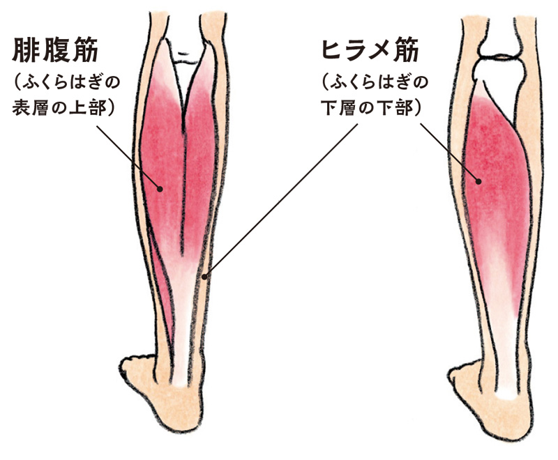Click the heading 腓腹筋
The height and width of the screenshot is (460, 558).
(55, 50)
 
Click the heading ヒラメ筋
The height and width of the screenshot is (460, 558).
(370, 51)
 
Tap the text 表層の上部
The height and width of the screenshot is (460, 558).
(64, 107)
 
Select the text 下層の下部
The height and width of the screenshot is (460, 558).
(372, 107)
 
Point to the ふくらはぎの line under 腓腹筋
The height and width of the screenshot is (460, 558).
(66, 83)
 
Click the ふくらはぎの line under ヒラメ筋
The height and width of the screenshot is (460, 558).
(375, 83)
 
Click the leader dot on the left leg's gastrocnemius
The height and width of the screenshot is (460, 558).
(160, 189)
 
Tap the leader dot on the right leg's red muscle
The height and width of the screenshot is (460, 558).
(478, 181)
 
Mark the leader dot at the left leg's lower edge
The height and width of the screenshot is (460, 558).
(204, 277)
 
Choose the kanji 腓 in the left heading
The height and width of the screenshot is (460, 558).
(26, 50)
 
